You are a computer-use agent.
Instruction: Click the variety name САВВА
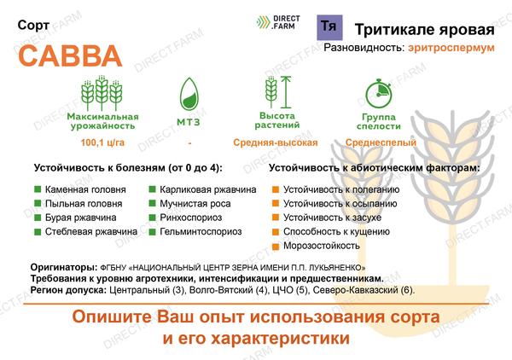tap(70, 55)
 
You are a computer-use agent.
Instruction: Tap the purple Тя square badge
tap(329, 27)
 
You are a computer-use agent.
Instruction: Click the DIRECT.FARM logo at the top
tap(278, 22)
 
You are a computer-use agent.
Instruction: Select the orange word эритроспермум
tap(451, 48)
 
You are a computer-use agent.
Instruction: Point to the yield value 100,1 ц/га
tap(102, 142)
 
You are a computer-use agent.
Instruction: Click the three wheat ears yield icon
tap(102, 93)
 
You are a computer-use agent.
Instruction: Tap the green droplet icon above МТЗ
tap(189, 94)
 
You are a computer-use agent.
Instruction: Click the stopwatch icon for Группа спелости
tap(378, 93)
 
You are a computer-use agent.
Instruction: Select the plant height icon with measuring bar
tap(278, 92)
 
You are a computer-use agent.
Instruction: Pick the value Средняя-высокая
tap(276, 142)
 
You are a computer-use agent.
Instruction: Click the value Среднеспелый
tap(381, 142)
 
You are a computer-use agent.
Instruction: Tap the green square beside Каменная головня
tap(38, 189)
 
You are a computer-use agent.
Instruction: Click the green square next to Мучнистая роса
tap(152, 203)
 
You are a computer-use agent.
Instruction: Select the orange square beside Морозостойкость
tap(276, 246)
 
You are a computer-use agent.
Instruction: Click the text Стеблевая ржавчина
tap(91, 232)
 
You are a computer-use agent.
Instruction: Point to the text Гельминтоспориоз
tap(201, 232)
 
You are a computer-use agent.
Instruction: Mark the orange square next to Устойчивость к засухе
tap(276, 218)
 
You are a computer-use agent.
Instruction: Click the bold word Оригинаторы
tap(64, 268)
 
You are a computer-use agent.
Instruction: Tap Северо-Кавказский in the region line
tap(355, 290)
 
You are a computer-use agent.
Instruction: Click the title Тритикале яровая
tap(424, 29)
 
